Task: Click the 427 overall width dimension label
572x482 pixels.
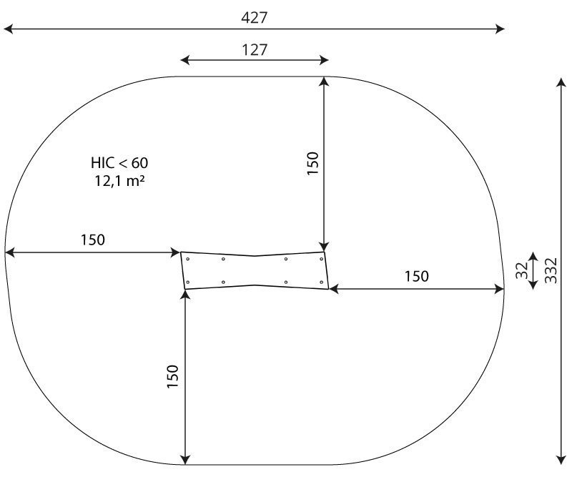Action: pos(255,17)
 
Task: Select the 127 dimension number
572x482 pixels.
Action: pos(255,49)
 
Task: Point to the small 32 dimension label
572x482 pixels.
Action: pos(522,270)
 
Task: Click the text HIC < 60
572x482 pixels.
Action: pos(119,163)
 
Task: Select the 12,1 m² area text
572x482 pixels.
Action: pos(119,181)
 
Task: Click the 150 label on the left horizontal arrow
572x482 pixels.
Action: pos(93,240)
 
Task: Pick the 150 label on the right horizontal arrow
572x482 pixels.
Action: pos(417,276)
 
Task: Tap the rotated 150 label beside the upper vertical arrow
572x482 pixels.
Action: pos(312,163)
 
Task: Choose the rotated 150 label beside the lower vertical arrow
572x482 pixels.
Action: pos(172,376)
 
